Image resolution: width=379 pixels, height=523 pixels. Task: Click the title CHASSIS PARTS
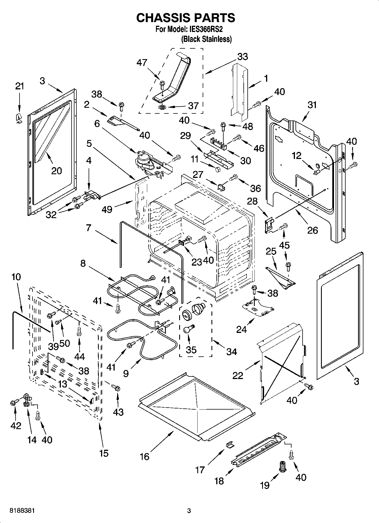(186, 18)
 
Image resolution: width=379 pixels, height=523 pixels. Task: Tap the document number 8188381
(19, 511)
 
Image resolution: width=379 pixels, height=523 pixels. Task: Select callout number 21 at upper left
(20, 87)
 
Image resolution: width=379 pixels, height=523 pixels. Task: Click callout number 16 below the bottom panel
(145, 456)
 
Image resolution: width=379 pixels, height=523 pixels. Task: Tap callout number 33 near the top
(242, 57)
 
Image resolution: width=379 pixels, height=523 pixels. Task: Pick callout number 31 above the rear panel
(312, 105)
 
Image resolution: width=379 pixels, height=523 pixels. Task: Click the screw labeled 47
(162, 84)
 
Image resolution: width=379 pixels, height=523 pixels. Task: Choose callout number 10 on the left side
(16, 277)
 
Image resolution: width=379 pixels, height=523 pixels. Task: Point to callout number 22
(238, 375)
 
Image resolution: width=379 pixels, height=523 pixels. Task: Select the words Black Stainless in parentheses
(206, 39)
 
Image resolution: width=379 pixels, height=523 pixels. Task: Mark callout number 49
(107, 210)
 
